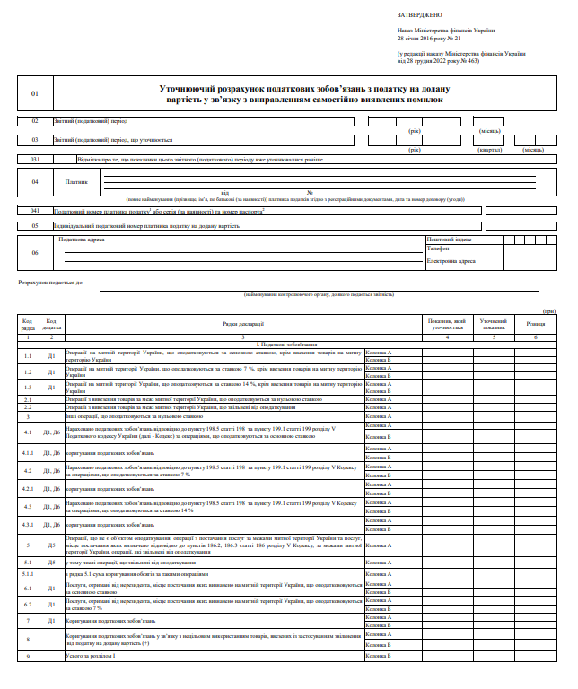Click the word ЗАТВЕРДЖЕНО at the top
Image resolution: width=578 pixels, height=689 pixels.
click(x=413, y=15)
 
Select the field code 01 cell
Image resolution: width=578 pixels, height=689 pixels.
click(x=35, y=93)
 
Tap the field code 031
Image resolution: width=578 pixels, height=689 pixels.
click(x=35, y=160)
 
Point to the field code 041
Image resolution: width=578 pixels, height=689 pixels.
click(x=35, y=211)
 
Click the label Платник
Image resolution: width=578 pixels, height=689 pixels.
click(x=77, y=182)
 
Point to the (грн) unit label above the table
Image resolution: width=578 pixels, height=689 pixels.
click(x=549, y=310)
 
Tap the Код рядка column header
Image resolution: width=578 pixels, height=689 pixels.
click(x=28, y=323)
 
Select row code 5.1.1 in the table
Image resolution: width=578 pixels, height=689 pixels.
click(x=28, y=573)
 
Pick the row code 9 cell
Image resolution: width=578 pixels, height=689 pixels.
click(x=28, y=657)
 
